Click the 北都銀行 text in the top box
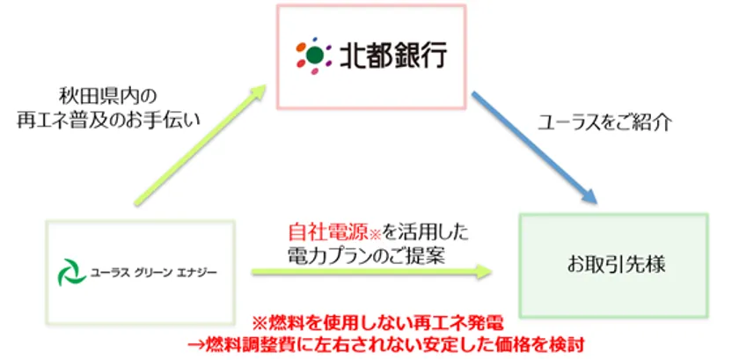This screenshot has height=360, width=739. pos(393,56)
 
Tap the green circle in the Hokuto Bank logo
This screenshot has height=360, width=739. pos(315,55)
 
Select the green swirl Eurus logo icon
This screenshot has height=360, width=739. pos(71,272)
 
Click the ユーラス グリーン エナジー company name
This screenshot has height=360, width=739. pos(154,273)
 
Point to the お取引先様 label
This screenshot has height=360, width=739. pos(616,265)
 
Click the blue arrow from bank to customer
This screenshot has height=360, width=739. pos(535,148)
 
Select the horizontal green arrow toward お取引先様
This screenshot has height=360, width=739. pos(372,271)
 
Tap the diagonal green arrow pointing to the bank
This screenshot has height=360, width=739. pos(201,145)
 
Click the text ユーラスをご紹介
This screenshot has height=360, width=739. pos(605,123)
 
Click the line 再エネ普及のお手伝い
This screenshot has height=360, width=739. pos(109,120)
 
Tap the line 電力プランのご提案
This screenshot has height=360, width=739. pos(367,256)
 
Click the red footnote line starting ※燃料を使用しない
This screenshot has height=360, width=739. pos(378,324)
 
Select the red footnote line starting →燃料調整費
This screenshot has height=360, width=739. pos(385,345)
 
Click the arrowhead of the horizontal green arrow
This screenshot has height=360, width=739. pos(484,271)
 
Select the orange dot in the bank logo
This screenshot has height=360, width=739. pos(301,48)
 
